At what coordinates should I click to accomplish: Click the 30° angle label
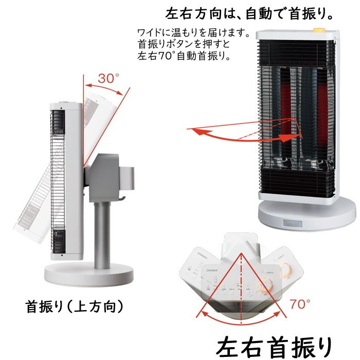tap(109, 78)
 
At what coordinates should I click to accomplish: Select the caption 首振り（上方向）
tap(75, 307)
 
